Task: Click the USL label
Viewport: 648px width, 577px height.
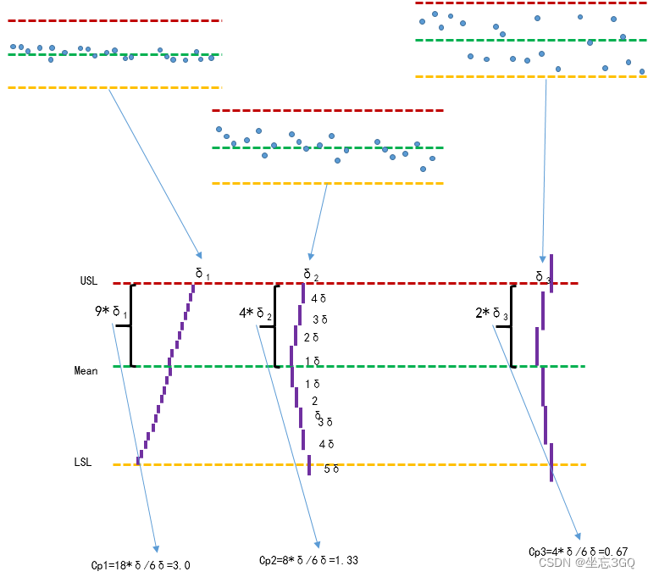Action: click(89, 280)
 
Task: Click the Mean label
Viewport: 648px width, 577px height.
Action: click(86, 370)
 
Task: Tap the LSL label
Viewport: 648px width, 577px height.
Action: click(82, 463)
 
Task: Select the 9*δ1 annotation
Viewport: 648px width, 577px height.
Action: click(111, 313)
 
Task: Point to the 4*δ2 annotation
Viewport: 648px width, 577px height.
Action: click(255, 313)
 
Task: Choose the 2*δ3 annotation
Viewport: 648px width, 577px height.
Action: click(491, 313)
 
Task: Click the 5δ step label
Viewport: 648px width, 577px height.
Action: click(331, 469)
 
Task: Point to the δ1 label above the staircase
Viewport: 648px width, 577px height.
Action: click(202, 273)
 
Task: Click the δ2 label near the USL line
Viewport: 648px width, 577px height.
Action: click(311, 274)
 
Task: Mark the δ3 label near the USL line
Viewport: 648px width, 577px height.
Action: click(543, 276)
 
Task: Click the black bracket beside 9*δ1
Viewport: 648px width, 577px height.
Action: click(132, 325)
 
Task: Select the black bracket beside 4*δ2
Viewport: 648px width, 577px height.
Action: click(275, 325)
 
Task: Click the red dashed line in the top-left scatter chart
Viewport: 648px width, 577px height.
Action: click(114, 20)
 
